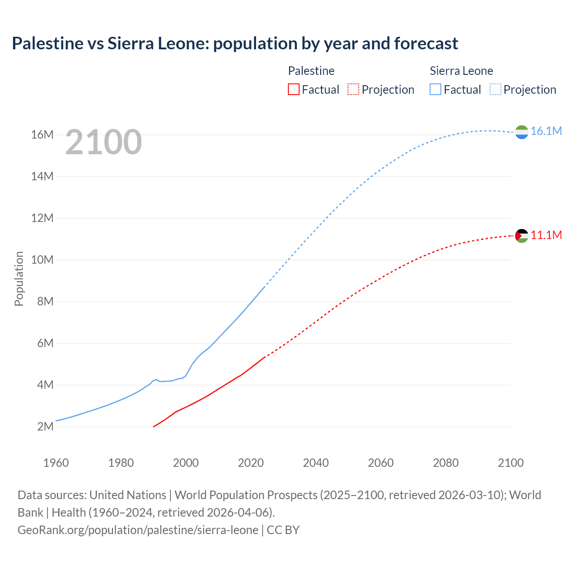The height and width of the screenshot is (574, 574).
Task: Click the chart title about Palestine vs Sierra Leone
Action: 235,43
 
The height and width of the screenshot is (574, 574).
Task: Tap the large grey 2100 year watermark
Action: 104,143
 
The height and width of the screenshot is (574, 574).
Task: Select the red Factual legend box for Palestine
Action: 293,90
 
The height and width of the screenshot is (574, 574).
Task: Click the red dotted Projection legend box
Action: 353,90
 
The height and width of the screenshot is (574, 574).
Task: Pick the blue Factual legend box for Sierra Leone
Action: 435,90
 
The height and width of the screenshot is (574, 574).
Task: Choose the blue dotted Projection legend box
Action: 495,90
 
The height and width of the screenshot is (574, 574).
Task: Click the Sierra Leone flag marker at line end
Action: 522,132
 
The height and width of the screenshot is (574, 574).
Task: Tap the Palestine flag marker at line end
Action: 522,236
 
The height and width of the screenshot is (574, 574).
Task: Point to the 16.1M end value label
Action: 546,131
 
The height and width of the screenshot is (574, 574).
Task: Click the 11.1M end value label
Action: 546,235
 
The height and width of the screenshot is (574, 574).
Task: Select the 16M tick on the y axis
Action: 42,135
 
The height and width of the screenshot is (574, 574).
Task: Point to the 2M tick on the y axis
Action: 45,426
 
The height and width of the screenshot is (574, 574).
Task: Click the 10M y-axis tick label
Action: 42,260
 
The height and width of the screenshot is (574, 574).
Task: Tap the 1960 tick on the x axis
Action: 56,463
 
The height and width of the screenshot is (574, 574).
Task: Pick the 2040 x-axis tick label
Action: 316,463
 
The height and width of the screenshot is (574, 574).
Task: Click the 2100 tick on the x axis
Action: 510,463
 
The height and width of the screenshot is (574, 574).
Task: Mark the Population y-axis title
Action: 19,278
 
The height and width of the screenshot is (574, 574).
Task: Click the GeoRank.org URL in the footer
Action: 138,530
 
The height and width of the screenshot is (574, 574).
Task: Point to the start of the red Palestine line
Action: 154,426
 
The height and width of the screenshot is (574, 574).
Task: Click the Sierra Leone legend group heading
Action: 461,71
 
